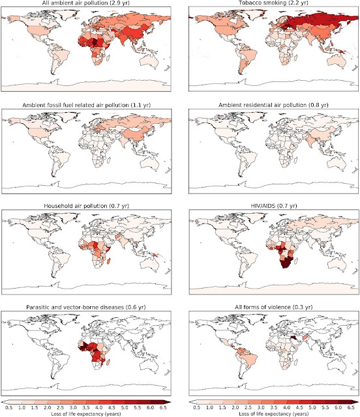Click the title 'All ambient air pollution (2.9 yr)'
(85, 3)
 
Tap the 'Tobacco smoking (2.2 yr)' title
(273, 3)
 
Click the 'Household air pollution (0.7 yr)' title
(86, 206)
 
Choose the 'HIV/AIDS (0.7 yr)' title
(273, 206)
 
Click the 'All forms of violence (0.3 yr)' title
(273, 307)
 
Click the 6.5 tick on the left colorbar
(163, 407)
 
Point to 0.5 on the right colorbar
(196, 407)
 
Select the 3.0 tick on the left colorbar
(73, 407)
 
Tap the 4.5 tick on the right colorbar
(299, 407)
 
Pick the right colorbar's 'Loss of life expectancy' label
(273, 414)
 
